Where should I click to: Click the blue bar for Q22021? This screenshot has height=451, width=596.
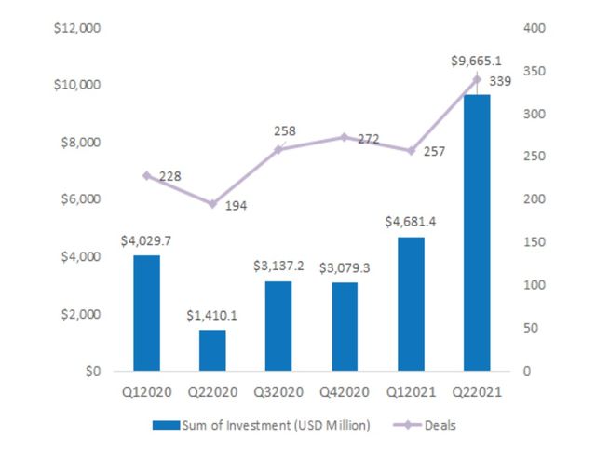[x=477, y=233]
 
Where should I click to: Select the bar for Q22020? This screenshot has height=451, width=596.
[x=213, y=350]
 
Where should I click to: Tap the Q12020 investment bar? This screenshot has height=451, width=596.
[x=147, y=313]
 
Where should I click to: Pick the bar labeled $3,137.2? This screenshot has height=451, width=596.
[x=279, y=326]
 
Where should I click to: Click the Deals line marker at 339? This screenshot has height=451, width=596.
[x=477, y=79]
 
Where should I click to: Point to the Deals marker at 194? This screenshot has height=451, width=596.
[x=213, y=204]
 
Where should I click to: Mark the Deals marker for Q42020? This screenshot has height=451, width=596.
[x=345, y=137]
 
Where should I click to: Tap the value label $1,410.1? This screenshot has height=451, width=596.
[x=213, y=315]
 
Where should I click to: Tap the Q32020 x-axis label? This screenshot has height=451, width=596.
[x=279, y=393]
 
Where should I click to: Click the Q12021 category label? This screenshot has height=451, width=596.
[x=411, y=393]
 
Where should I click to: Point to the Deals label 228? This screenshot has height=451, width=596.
[x=169, y=176]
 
